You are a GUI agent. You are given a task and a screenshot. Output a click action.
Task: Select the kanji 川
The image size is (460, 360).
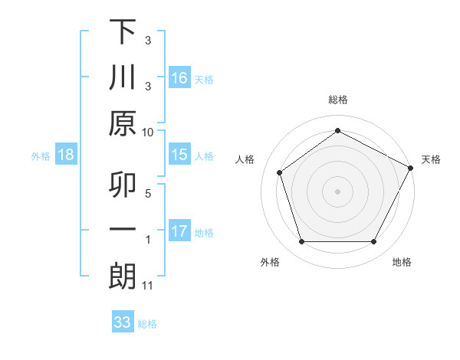(123, 77)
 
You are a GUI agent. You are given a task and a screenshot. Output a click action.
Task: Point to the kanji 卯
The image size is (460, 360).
(123, 185)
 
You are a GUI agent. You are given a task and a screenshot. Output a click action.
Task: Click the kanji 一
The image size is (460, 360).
(123, 231)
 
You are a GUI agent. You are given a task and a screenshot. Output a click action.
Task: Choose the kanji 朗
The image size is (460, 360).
(123, 277)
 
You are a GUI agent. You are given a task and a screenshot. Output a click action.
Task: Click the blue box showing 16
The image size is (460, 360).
(179, 77)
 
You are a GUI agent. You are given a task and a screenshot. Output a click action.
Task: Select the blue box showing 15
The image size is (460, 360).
(179, 155)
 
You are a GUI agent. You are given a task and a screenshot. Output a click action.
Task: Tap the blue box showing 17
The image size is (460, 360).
(179, 231)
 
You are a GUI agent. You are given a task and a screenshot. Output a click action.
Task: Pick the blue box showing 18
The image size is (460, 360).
(66, 155)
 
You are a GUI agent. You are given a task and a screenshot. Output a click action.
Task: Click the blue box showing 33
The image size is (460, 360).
(123, 322)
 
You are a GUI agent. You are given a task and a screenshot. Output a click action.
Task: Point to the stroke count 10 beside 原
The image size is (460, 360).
(148, 132)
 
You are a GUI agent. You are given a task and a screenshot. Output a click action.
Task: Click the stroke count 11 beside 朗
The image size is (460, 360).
(148, 286)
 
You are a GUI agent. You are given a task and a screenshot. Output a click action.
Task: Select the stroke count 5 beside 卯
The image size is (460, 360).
(148, 193)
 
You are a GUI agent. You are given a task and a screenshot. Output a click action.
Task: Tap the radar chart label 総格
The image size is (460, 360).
(338, 100)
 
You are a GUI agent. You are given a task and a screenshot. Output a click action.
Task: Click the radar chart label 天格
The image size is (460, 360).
(431, 159)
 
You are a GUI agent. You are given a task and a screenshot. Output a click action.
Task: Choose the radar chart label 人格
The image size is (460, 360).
(245, 159)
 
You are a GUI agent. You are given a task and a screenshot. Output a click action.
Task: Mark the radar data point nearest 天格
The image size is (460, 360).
(411, 168)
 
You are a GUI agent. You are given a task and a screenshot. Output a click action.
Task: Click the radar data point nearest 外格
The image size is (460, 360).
(301, 242)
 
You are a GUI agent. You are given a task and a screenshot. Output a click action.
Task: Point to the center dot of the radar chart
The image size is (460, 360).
(338, 191)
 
